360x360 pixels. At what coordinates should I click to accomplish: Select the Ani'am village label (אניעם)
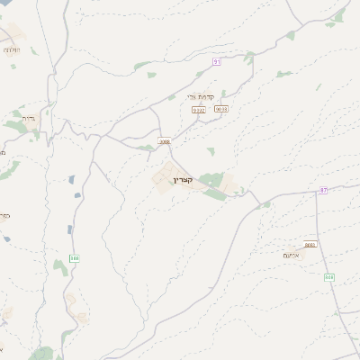click(291, 256)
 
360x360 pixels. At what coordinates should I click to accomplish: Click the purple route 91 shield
click(217, 61)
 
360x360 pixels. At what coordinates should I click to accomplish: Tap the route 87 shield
click(324, 190)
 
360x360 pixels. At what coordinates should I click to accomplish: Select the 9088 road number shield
click(164, 140)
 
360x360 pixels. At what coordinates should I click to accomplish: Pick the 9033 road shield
click(221, 109)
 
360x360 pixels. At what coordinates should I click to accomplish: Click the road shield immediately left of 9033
click(199, 110)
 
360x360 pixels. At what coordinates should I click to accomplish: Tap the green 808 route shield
click(329, 277)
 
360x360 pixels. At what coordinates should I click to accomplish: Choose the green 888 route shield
click(75, 258)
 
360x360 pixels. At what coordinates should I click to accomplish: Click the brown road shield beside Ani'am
click(310, 244)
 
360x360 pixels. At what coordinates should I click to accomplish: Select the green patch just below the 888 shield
click(60, 268)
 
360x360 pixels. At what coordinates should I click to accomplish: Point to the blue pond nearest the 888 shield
click(69, 229)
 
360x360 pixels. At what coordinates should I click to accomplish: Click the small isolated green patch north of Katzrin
click(211, 152)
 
